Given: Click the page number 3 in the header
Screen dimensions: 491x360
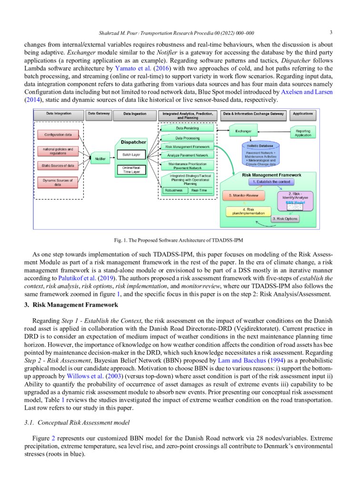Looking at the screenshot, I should pos(330,33).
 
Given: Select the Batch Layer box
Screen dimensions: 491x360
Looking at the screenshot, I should pos(131,155).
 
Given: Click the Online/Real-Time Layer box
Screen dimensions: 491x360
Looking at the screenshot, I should pos(131,170).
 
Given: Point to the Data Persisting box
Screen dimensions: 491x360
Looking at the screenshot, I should pos(187,128).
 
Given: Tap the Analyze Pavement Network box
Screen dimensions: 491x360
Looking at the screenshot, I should pos(187,155).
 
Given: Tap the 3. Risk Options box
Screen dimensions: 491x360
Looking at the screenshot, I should pos(285,219).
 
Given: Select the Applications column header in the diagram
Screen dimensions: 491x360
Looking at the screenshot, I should pos(303,114).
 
